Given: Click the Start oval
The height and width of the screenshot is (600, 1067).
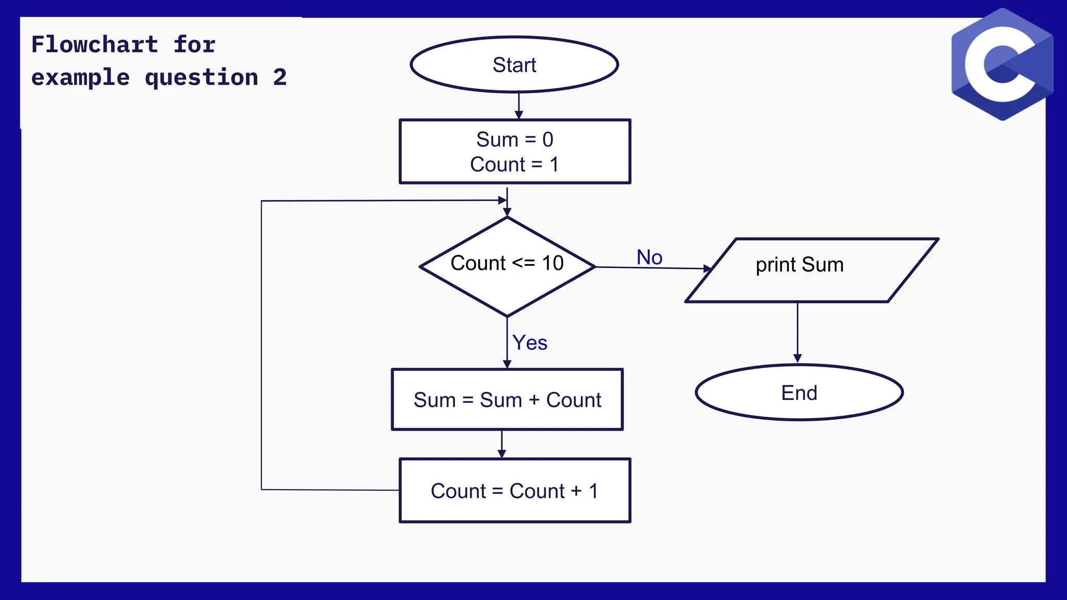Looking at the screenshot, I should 514,65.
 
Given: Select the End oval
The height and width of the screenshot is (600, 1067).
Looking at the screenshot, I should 799,393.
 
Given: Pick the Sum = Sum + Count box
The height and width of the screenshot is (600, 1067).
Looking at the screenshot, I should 507,400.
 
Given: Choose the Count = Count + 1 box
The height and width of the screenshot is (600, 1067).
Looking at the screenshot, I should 515,491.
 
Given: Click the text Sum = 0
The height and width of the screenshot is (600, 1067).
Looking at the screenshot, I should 514,140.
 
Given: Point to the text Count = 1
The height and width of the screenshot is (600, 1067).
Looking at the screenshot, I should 514,165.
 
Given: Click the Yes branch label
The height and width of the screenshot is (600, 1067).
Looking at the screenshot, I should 530,343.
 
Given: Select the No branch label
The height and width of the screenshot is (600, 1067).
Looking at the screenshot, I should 649,257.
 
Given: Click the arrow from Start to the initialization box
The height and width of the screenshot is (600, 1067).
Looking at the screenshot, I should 518,106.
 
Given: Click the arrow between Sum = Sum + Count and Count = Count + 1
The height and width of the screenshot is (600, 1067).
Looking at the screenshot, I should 502,444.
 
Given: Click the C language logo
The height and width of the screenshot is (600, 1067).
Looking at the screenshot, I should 1001,65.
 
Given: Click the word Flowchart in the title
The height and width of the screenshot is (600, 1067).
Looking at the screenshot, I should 94,45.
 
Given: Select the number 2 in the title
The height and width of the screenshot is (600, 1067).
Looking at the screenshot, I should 280,78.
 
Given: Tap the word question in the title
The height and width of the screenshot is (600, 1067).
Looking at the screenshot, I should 201,78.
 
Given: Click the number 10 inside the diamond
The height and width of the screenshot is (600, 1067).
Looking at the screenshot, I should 553,263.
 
